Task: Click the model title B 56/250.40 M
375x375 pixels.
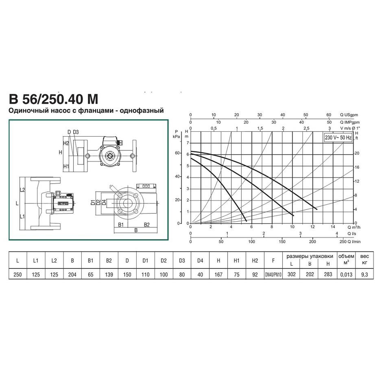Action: [x=54, y=99]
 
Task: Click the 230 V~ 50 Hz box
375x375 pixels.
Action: [x=338, y=137]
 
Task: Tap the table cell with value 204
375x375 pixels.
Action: [x=72, y=275]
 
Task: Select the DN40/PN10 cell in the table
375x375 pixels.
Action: [x=273, y=275]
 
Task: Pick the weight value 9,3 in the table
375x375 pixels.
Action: [x=364, y=275]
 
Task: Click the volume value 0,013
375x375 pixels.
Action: [x=346, y=275]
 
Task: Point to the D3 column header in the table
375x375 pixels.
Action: [x=182, y=260]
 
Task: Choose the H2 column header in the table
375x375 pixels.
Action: [x=255, y=260]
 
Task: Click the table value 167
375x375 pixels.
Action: [x=218, y=275]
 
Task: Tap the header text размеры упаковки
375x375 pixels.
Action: [x=310, y=256]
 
